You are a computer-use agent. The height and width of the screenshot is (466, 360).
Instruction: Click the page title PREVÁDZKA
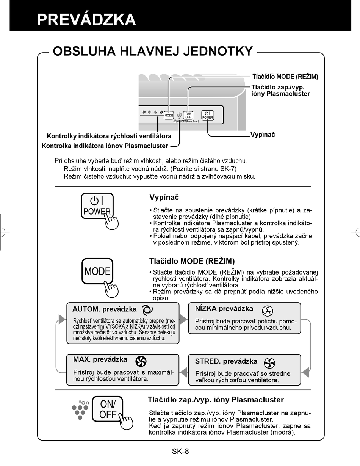click(86, 19)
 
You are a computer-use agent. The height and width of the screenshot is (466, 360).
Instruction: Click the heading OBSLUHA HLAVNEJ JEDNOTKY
click(153, 51)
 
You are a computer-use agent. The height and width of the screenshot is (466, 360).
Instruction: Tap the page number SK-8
click(180, 451)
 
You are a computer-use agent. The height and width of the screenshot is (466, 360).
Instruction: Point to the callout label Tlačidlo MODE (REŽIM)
click(285, 77)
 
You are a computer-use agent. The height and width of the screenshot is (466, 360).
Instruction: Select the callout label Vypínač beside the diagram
click(263, 135)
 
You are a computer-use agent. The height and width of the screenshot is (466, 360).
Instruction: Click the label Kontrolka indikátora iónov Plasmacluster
click(105, 146)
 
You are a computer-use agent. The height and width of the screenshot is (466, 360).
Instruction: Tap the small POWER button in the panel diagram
click(208, 115)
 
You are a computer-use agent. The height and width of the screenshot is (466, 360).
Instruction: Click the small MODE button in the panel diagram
click(169, 115)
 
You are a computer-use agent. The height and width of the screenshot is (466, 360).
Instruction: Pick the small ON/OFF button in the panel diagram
click(188, 115)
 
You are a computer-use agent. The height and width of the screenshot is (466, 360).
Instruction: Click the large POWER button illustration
click(97, 206)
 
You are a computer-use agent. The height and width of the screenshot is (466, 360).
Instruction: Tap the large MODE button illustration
click(97, 271)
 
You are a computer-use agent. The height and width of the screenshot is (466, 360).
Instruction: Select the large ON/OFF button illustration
click(108, 409)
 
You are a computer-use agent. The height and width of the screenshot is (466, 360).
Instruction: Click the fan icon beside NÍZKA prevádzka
click(267, 311)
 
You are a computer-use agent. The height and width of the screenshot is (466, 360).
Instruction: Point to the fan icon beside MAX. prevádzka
click(141, 361)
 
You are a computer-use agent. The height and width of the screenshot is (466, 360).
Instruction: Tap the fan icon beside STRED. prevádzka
click(269, 363)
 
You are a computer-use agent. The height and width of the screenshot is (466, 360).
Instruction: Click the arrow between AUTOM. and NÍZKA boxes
click(183, 319)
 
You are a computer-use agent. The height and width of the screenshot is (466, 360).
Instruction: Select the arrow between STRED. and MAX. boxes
click(183, 372)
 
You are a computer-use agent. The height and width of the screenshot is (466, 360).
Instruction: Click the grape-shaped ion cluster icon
click(80, 410)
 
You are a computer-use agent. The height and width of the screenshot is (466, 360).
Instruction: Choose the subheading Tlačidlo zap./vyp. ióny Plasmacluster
click(216, 400)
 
